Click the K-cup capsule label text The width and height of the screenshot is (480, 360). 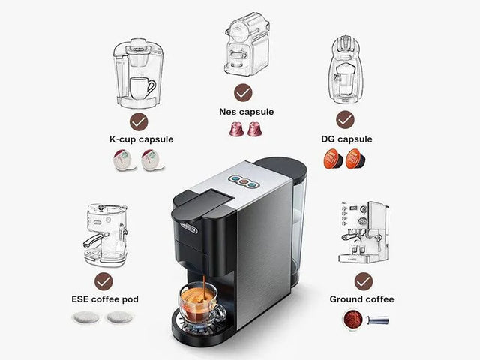coord(141,139)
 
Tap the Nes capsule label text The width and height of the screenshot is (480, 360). coord(247,112)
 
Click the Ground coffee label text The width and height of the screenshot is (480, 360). coord(362,299)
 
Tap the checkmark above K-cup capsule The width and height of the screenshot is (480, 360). coord(138,121)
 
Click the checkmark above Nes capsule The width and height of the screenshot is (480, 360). coord(243,93)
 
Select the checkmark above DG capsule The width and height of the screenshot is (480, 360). coord(345,120)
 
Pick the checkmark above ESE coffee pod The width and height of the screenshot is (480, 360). coord(104,281)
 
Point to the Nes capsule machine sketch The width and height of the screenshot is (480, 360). coord(246,45)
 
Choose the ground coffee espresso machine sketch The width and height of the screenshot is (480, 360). coord(364,232)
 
